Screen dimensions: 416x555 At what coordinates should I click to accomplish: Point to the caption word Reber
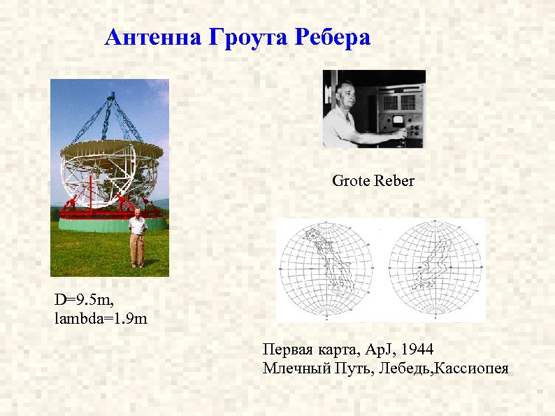394,181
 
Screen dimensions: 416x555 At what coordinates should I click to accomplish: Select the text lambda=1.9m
101,319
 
